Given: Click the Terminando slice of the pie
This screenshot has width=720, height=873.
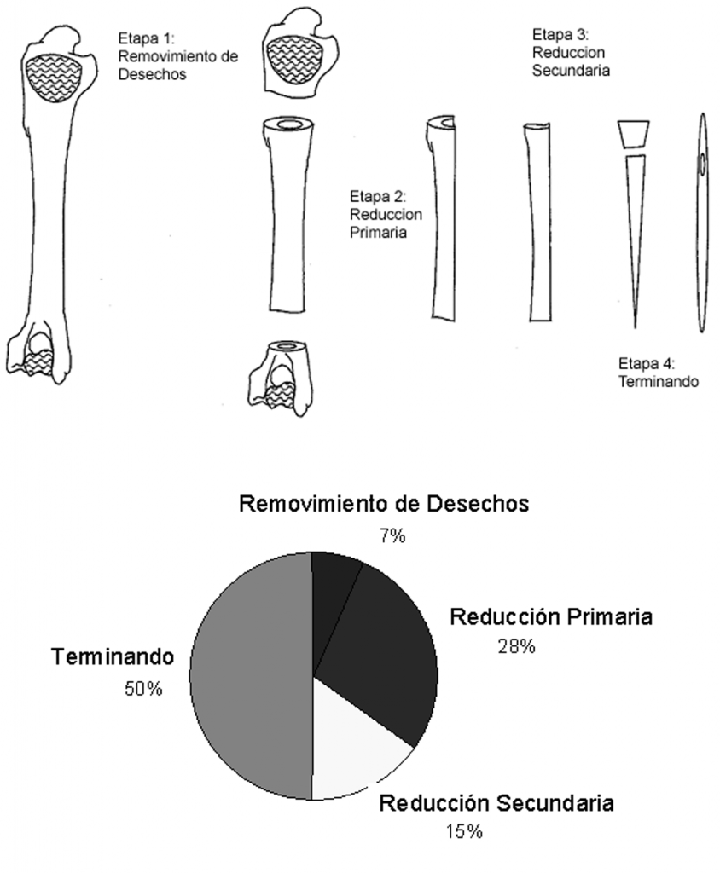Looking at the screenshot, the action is (x=251, y=676).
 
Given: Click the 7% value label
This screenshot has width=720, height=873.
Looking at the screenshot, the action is (x=392, y=535).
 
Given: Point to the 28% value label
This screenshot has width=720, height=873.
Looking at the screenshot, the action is (x=517, y=646).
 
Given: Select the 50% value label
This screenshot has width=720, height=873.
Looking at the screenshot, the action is (x=143, y=689).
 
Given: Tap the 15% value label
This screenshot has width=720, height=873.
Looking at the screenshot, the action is (x=464, y=831).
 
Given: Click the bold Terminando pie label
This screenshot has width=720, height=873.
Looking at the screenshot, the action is (x=113, y=657).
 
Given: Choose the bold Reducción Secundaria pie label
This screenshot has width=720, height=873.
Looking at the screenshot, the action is (x=496, y=803).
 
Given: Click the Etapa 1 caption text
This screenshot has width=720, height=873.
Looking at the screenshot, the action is (x=177, y=56).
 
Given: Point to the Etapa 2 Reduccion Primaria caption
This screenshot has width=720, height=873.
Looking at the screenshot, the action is (x=386, y=214).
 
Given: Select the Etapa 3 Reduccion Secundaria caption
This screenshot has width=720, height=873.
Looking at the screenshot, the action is (x=571, y=52).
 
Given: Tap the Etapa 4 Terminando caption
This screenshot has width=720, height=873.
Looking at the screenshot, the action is (x=658, y=373).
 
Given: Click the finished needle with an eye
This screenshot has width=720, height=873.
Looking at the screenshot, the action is (x=702, y=223).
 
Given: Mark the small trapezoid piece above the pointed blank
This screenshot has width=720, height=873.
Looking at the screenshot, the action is (x=634, y=134).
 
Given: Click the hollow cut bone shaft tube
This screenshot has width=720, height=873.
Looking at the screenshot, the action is (x=287, y=214).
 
